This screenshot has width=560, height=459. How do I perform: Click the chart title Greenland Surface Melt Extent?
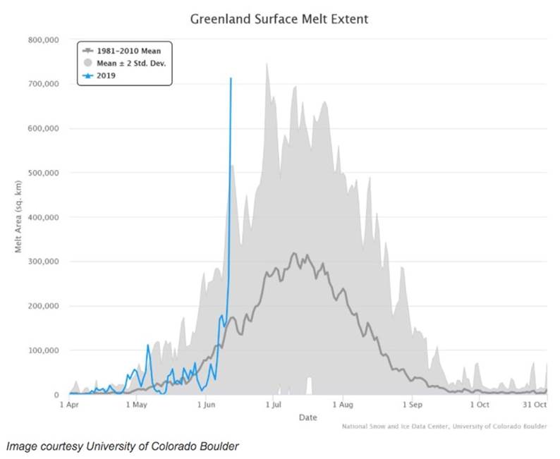[279, 18]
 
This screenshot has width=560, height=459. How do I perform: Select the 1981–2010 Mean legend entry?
[126, 50]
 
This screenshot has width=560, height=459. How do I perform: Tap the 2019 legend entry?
[106, 74]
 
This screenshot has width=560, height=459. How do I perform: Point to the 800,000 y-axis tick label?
[43, 40]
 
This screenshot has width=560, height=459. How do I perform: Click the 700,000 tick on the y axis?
[43, 85]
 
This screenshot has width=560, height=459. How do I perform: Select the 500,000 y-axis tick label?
[43, 173]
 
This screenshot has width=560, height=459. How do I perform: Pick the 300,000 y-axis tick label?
[43, 262]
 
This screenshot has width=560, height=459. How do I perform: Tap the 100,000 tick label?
[43, 350]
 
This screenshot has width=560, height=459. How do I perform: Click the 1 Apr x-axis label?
[69, 405]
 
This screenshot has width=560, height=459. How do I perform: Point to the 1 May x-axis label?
[136, 405]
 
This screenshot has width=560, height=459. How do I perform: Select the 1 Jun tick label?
[206, 405]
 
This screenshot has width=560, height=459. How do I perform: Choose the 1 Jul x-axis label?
[273, 405]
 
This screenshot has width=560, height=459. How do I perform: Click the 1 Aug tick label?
[342, 405]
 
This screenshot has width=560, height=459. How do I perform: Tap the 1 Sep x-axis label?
[411, 405]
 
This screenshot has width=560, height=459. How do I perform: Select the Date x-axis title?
[308, 418]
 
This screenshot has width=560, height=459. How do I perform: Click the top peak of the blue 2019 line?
[231, 78]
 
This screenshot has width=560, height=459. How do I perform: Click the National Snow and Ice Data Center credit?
[444, 427]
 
